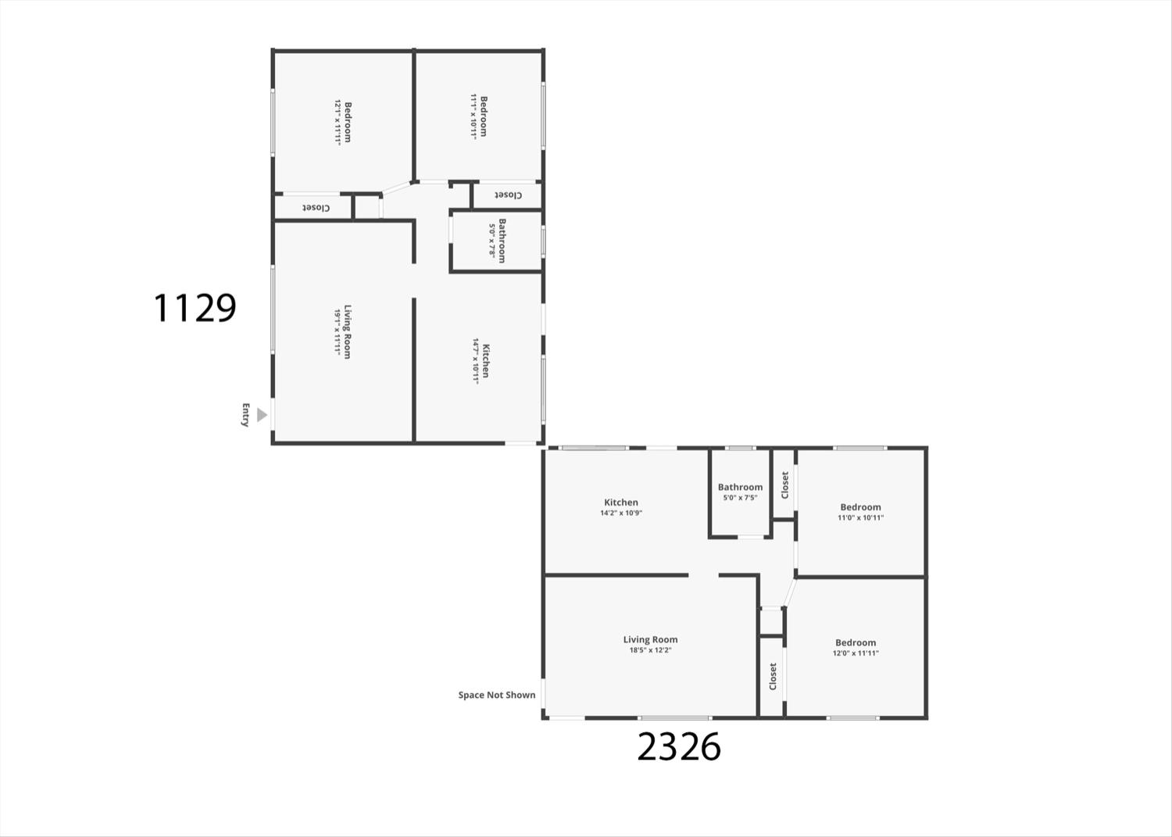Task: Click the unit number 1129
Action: pyautogui.click(x=195, y=308)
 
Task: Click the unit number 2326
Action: pyautogui.click(x=678, y=747)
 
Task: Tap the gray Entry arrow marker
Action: pyautogui.click(x=263, y=415)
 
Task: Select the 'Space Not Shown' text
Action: pyautogui.click(x=497, y=695)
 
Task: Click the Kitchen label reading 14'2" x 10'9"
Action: pyautogui.click(x=621, y=507)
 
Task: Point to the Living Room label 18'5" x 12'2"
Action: pyautogui.click(x=650, y=644)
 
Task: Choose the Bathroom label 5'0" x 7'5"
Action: pyautogui.click(x=740, y=492)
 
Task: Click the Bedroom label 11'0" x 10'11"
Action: pyautogui.click(x=860, y=512)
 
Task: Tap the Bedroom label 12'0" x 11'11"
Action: pyautogui.click(x=856, y=647)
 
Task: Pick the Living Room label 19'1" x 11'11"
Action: pyautogui.click(x=342, y=332)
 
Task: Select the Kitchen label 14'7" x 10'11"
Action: pyautogui.click(x=481, y=360)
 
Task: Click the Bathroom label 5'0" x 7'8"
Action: pyautogui.click(x=497, y=241)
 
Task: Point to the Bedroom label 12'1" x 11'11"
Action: pyautogui.click(x=343, y=123)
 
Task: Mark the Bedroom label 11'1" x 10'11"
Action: pyautogui.click(x=479, y=116)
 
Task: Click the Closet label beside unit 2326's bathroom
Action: pyautogui.click(x=784, y=485)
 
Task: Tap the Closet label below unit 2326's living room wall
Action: pyautogui.click(x=773, y=676)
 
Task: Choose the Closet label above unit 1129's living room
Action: pyautogui.click(x=316, y=208)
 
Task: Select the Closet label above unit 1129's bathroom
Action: pyautogui.click(x=507, y=195)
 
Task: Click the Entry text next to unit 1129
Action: pyautogui.click(x=245, y=415)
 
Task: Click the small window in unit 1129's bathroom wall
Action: pyautogui.click(x=543, y=241)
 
